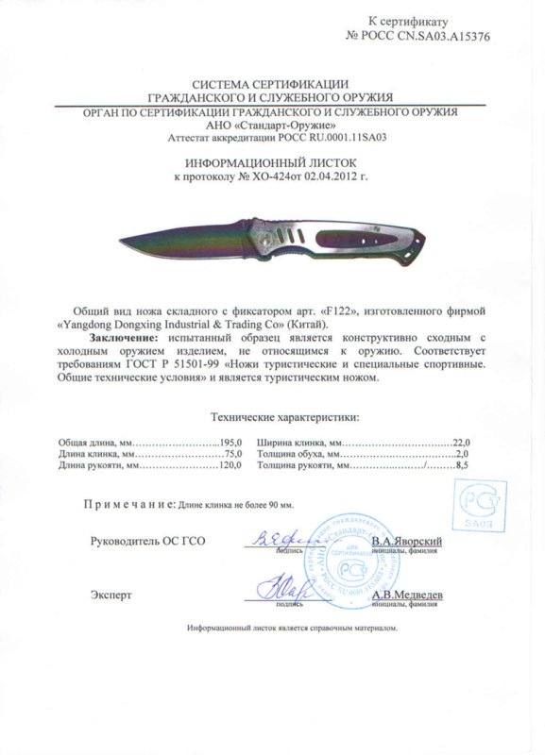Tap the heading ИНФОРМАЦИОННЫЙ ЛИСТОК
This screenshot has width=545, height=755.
pyautogui.click(x=274, y=162)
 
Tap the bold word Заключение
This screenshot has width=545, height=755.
pyautogui.click(x=123, y=337)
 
